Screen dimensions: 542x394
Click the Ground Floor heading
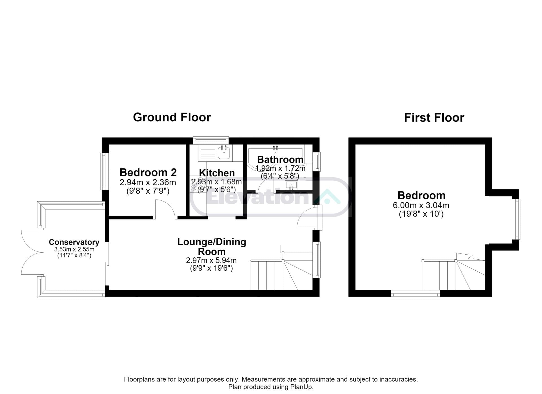coord(172,117)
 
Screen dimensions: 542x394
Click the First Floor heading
coord(434,118)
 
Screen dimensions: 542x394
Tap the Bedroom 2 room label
coord(148,172)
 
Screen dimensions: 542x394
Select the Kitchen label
coord(217,173)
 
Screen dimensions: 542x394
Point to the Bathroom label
coord(280,159)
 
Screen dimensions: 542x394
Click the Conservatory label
coord(74,242)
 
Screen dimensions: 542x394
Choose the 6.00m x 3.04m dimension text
coord(421,205)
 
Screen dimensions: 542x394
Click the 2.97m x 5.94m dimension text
coord(211,260)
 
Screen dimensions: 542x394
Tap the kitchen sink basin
coord(224,153)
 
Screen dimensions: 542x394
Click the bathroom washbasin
coord(291,185)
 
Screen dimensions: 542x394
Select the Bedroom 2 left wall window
coord(105,171)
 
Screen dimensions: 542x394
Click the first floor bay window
coord(516,219)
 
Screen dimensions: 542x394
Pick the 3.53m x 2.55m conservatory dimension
coord(74,249)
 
